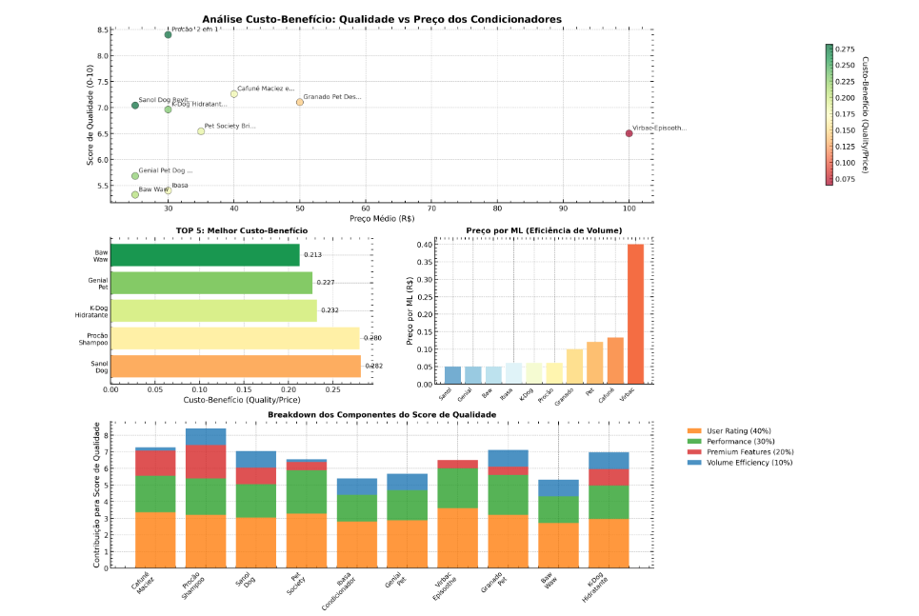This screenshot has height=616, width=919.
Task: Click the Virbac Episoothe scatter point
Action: pyautogui.click(x=629, y=133)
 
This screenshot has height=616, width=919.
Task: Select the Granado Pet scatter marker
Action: pyautogui.click(x=300, y=102)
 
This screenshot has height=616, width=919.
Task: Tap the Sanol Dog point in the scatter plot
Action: pyautogui.click(x=135, y=106)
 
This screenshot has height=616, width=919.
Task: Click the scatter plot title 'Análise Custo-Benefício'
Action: pyautogui.click(x=382, y=19)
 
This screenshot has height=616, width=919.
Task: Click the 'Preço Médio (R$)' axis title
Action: pyautogui.click(x=382, y=219)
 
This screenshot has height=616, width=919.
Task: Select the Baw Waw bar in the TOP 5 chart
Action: pyautogui.click(x=205, y=255)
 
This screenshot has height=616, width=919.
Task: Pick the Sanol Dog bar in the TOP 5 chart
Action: pyautogui.click(x=235, y=366)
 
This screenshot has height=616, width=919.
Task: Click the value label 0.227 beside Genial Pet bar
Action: pyautogui.click(x=326, y=283)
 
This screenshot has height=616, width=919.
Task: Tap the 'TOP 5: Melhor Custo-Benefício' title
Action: pyautogui.click(x=242, y=230)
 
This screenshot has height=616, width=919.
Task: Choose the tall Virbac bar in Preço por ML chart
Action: pyautogui.click(x=635, y=314)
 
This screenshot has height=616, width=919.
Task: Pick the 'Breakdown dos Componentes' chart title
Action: pyautogui.click(x=382, y=415)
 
